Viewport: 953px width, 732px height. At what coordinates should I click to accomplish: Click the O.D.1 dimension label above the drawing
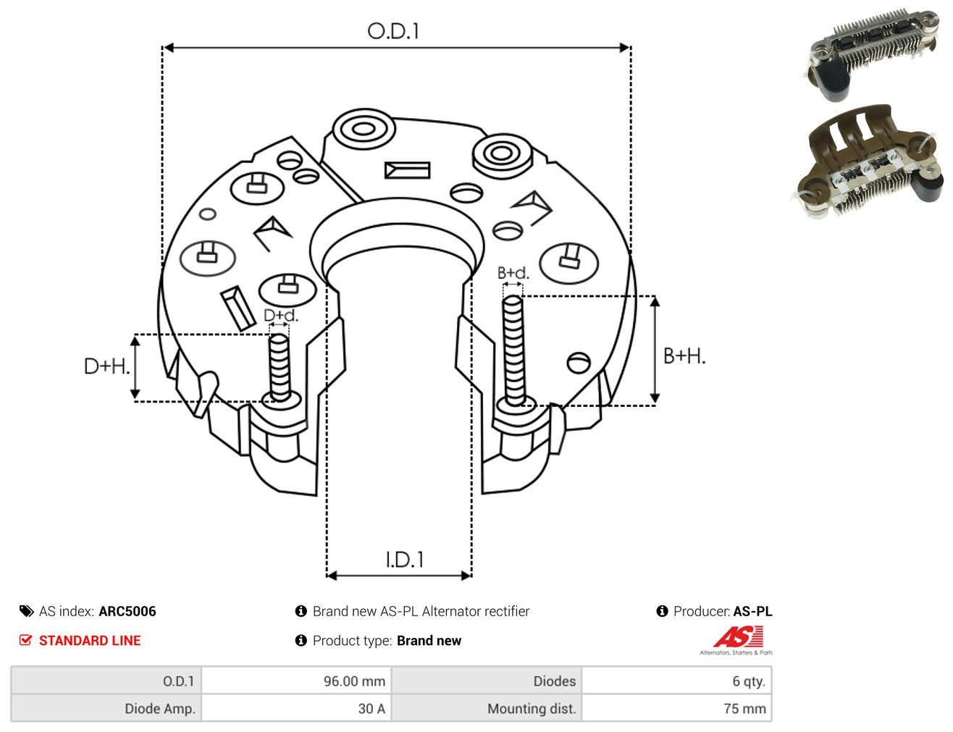point(393,31)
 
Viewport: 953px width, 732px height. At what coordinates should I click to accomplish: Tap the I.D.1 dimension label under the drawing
point(404,560)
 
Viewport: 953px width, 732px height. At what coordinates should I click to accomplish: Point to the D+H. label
point(106,366)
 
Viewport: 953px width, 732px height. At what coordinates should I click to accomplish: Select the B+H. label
point(684,356)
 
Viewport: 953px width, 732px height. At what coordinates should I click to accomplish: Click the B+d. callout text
point(513,273)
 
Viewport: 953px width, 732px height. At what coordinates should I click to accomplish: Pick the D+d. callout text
point(281,315)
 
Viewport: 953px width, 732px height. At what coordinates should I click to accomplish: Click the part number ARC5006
point(127,611)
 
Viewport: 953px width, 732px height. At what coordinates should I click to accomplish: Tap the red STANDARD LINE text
point(90,640)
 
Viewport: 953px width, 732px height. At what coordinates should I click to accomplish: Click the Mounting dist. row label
point(532,708)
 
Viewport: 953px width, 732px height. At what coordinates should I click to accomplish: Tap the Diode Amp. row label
point(160,708)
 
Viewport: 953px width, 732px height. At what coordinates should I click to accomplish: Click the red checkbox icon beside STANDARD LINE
point(26,640)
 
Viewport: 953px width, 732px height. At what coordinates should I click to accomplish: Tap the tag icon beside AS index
point(26,611)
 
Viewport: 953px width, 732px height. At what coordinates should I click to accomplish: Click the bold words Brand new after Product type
point(429,640)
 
